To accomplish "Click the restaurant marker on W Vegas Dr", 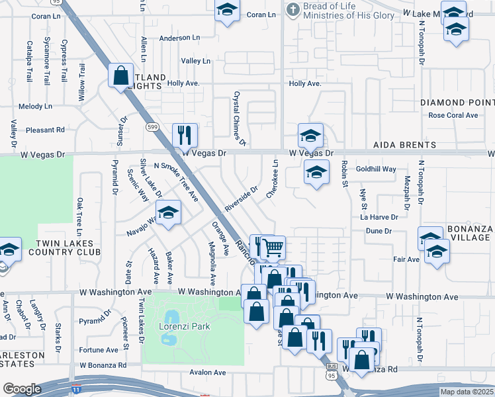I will tap(185, 135).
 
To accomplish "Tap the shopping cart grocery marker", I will tap(272, 247).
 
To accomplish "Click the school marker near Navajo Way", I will tap(168, 213).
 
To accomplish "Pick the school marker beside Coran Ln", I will tap(227, 11).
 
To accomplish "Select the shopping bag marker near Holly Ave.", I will tap(121, 75).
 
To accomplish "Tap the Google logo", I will tap(22, 389).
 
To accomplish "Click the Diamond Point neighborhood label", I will tap(457, 103).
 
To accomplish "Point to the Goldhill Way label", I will tap(376, 169).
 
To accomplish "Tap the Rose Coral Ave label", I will tap(453, 115).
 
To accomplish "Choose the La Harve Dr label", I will tap(379, 216).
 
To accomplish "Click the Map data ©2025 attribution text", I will tap(466, 392).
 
